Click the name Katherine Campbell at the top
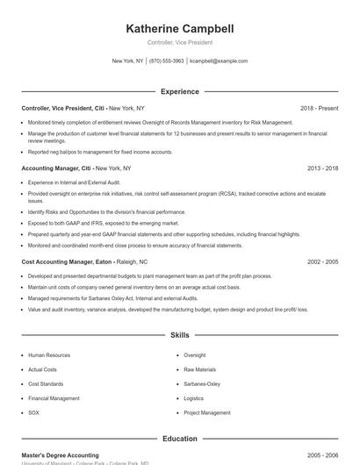179,28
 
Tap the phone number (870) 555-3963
166,61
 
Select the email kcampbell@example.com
219,61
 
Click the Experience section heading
179,91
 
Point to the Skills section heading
179,335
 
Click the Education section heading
179,439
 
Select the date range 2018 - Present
319,108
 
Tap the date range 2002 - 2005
322,261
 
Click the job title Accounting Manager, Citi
56,168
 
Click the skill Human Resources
49,355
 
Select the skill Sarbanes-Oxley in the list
202,384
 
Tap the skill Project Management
207,412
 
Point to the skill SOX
34,412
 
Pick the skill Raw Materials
199,369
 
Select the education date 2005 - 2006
322,455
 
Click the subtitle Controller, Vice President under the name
179,42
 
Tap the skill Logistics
194,398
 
